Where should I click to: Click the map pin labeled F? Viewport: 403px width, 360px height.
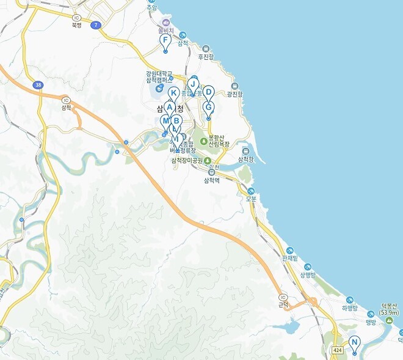pos(165,42)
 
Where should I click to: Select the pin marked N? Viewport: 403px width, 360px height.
pos(354,343)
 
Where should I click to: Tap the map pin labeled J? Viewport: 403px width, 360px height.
pos(193,84)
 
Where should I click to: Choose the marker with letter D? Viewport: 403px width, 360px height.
pos(208,92)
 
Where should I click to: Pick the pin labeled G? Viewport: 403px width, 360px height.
pos(208,108)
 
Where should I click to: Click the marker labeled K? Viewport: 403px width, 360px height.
pos(174,94)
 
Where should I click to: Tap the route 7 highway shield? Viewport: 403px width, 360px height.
pos(96,24)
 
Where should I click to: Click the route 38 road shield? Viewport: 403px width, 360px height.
pos(38,85)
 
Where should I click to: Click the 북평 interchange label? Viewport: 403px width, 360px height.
pos(76,25)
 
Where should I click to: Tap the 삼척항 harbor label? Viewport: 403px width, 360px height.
pos(245,159)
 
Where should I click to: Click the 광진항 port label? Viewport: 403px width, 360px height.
pos(235,94)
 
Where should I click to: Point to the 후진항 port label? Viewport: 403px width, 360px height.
pos(206,56)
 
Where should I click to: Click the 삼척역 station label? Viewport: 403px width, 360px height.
pos(211,180)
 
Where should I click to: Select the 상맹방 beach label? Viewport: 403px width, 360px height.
pos(307,274)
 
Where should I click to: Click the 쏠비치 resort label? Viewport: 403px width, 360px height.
pos(165,29)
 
